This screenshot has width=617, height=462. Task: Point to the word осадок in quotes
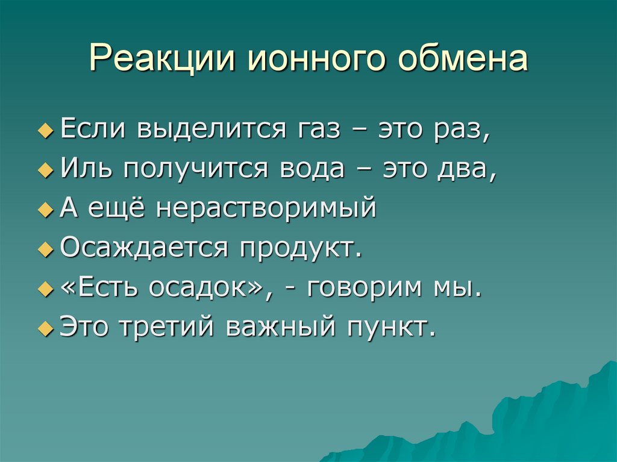click(x=208, y=288)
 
